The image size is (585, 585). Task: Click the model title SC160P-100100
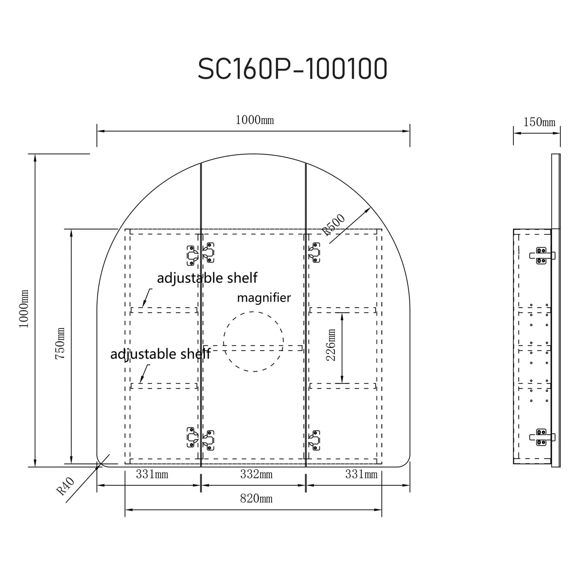click(x=292, y=69)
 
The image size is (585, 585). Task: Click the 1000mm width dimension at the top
click(x=255, y=120)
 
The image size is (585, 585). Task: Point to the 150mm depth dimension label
click(x=539, y=122)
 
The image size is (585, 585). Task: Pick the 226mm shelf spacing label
click(x=331, y=345)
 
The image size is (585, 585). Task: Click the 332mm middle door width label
click(x=256, y=474)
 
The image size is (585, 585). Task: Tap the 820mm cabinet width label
click(x=256, y=499)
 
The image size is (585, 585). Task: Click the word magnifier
click(x=264, y=298)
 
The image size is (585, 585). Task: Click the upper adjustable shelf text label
click(x=207, y=278)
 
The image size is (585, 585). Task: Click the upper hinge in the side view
click(x=542, y=255)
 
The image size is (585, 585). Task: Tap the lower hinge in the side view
click(x=542, y=437)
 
